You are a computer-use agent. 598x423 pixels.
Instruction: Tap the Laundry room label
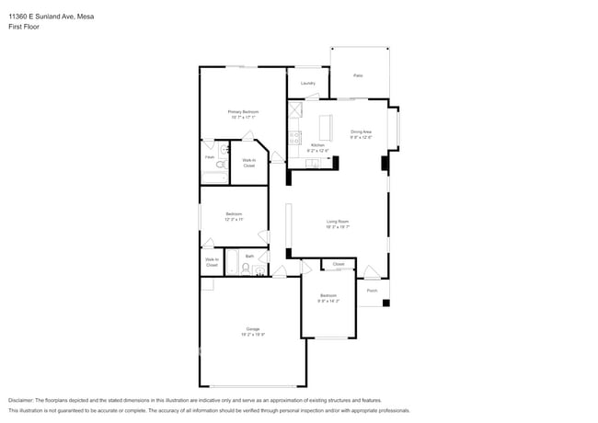coord(308,84)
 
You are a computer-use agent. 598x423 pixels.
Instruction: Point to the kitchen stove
coord(296,138)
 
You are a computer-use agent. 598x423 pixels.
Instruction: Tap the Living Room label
coord(338,223)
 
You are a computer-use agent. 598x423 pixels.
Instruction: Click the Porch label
coord(372,291)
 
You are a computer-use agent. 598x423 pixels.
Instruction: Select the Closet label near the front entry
coord(339,264)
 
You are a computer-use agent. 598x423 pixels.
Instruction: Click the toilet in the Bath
coord(245,269)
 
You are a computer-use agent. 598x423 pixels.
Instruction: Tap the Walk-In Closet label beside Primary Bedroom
coord(248,163)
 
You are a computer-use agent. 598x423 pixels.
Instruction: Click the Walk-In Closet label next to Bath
coord(212,262)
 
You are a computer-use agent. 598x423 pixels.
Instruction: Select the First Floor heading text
coord(24,27)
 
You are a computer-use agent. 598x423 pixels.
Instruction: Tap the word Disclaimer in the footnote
coord(25,400)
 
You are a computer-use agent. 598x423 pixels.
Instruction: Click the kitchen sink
coord(313,164)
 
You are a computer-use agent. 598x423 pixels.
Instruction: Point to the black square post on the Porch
coord(386,303)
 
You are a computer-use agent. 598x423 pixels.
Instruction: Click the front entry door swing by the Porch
coord(371,272)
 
